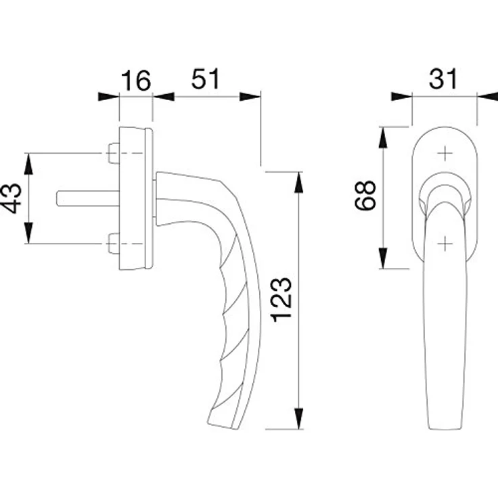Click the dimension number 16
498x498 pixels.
tap(136, 81)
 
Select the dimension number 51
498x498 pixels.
tap(206, 78)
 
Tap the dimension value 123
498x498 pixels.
tap(281, 300)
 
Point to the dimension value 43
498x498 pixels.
tap(12, 198)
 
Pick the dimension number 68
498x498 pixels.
tap(365, 196)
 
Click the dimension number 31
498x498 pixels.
tap(443, 78)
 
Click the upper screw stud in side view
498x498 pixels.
tap(114, 154)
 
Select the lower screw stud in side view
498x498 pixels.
tap(114, 244)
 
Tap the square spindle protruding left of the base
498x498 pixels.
tap(88, 198)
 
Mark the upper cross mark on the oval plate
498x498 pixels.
tap(445, 154)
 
